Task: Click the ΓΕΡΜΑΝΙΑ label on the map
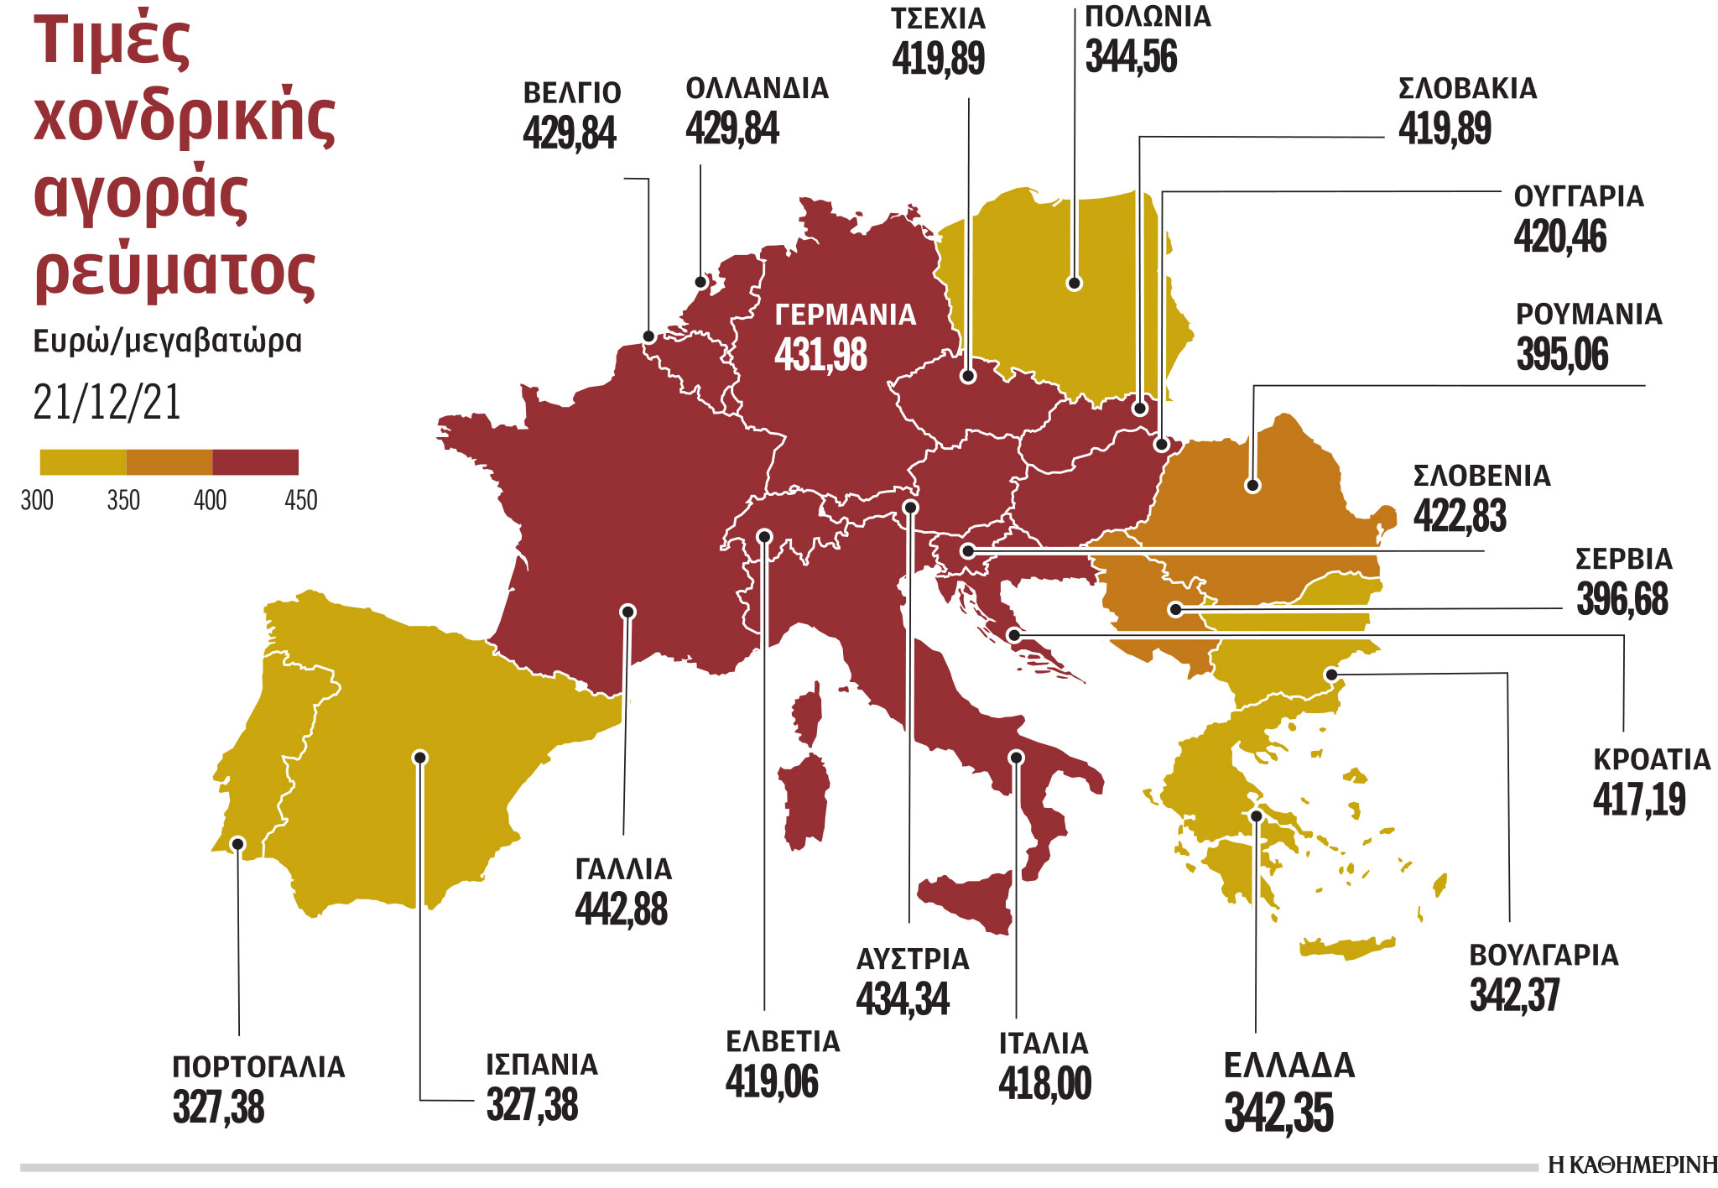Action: pos(845,315)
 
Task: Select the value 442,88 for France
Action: pos(621,909)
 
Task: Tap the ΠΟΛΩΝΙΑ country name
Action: pos(1148,17)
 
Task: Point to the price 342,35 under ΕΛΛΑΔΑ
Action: pos(1278,1112)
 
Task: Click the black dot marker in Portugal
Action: pos(238,843)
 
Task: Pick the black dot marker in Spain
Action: pos(420,758)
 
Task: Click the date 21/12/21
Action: pos(107,403)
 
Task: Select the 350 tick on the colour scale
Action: pos(123,501)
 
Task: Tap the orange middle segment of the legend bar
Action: pos(169,462)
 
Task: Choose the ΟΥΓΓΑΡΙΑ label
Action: pos(1578,196)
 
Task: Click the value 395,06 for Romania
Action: pos(1562,354)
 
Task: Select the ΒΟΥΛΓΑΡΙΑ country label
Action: pos(1544,956)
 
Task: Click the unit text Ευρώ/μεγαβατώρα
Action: pos(167,341)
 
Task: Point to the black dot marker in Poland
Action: pos(1074,284)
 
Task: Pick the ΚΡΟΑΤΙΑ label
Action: pos(1651,759)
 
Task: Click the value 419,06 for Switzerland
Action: pos(771,1081)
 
